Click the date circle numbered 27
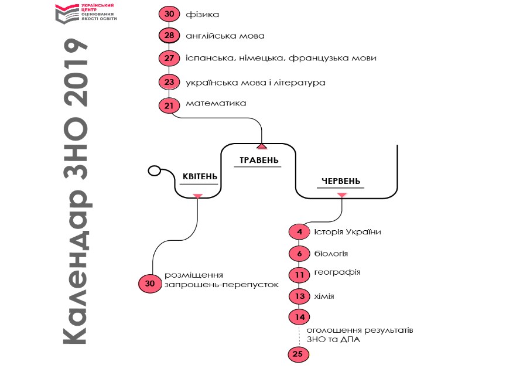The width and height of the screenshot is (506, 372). [x=169, y=59]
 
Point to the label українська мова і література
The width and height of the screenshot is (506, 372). [x=255, y=83]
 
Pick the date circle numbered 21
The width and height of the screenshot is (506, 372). [x=169, y=105]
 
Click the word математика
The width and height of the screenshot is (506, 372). [x=216, y=104]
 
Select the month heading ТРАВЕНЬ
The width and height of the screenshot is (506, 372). [x=258, y=161]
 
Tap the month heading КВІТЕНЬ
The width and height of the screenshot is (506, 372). [x=200, y=177]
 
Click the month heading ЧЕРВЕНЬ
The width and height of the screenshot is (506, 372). [x=341, y=181]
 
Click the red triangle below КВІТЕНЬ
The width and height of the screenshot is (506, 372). [x=198, y=195]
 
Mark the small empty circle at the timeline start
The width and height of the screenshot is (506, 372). [x=154, y=171]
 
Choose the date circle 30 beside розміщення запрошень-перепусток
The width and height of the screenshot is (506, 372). [x=149, y=284]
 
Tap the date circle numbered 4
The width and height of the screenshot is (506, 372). [x=299, y=232]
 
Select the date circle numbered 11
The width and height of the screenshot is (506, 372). [x=299, y=274]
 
